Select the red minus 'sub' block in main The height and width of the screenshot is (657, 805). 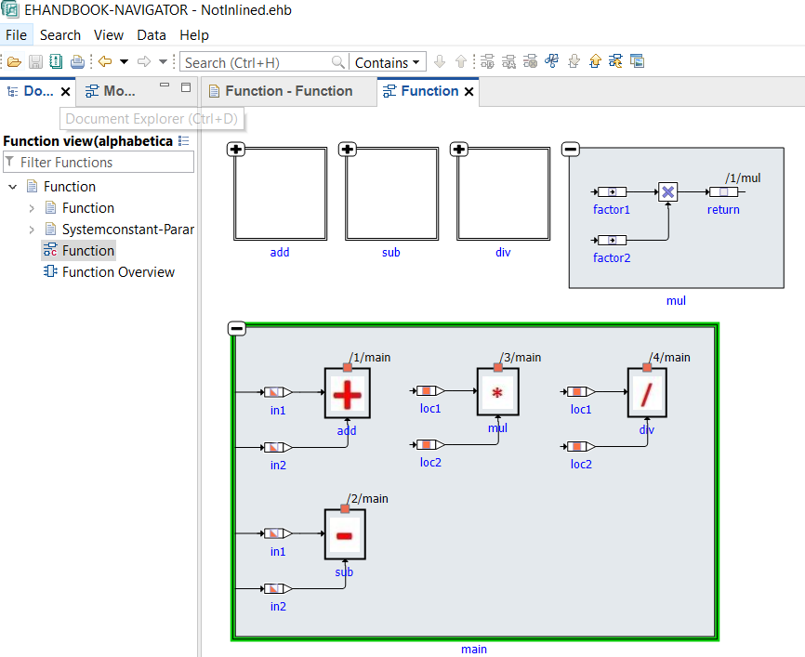(x=345, y=535)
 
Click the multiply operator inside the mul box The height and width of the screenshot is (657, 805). (x=667, y=192)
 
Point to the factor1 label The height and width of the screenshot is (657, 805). (x=612, y=210)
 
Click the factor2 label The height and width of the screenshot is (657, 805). (x=612, y=257)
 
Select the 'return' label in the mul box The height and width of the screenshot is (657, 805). (x=723, y=210)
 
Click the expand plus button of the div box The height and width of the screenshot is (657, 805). (x=458, y=150)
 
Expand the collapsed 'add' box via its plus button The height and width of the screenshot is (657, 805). (x=236, y=150)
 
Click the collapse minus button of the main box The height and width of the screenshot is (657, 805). (x=237, y=328)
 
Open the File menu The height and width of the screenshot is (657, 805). (x=17, y=35)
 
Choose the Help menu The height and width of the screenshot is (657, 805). (x=194, y=35)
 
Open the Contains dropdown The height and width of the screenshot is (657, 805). (x=388, y=63)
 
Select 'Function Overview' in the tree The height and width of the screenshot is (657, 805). (x=118, y=272)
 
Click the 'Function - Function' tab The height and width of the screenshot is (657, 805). (x=288, y=91)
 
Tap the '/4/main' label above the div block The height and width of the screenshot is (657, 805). (x=670, y=357)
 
